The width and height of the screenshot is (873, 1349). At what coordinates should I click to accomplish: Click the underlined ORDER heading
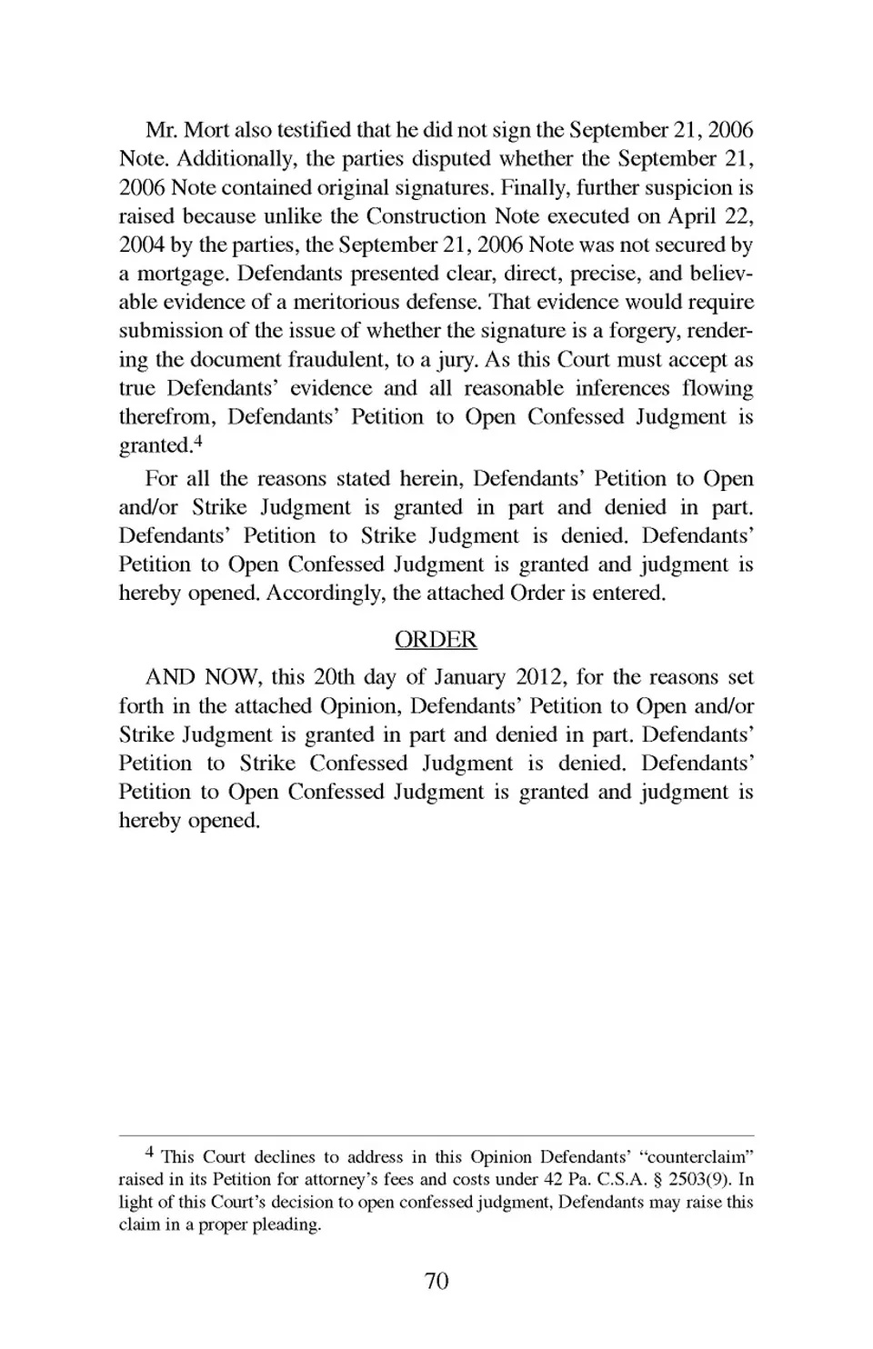pos(436,640)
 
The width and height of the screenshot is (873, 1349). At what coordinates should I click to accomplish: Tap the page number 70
pos(436,1281)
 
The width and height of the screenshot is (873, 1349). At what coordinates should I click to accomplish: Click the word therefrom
pos(166,417)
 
